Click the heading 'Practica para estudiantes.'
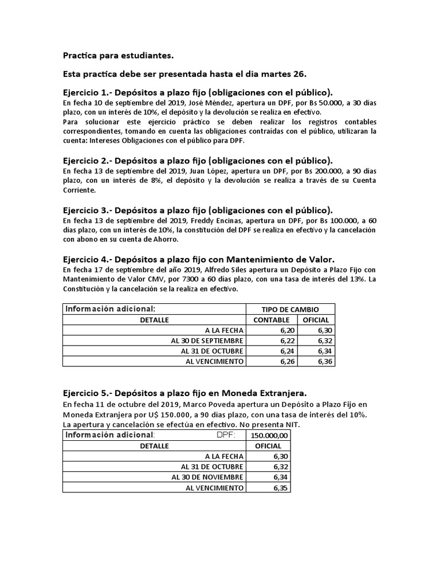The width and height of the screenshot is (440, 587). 117,56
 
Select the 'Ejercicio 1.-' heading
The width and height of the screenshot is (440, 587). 87,92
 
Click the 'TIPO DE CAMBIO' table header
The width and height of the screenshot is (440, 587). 290,310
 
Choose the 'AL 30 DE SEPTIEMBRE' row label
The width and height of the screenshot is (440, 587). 207,341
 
